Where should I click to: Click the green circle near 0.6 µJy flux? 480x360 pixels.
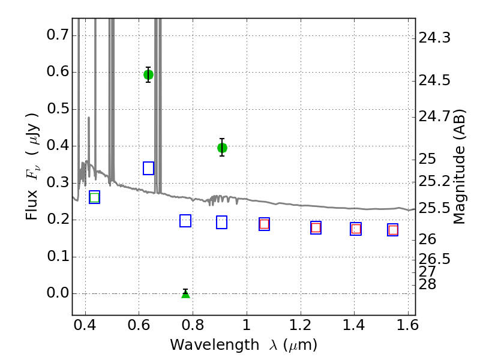click(148, 74)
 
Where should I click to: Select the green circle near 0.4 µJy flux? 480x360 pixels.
click(222, 148)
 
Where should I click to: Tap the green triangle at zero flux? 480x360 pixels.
click(185, 294)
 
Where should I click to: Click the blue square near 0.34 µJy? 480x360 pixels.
click(148, 169)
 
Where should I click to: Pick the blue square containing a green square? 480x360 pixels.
click(95, 197)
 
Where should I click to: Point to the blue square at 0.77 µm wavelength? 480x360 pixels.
click(185, 221)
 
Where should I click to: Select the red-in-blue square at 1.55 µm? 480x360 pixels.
click(393, 230)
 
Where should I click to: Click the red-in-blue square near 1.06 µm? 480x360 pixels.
click(264, 224)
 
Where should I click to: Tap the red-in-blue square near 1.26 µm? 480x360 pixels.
click(316, 228)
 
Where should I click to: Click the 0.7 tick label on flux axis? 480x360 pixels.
click(57, 35)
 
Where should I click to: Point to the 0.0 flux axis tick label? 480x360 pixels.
click(57, 293)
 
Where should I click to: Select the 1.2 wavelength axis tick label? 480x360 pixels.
click(301, 325)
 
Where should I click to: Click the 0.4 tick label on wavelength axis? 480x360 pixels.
click(85, 325)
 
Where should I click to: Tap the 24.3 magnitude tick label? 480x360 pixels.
click(434, 38)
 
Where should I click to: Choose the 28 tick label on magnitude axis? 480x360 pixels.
click(427, 284)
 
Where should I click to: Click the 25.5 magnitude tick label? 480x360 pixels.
click(434, 208)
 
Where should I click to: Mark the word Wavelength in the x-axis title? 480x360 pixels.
click(215, 346)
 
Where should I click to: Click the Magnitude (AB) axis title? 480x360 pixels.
click(459, 167)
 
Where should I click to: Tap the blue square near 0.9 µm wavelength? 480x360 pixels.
click(221, 222)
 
